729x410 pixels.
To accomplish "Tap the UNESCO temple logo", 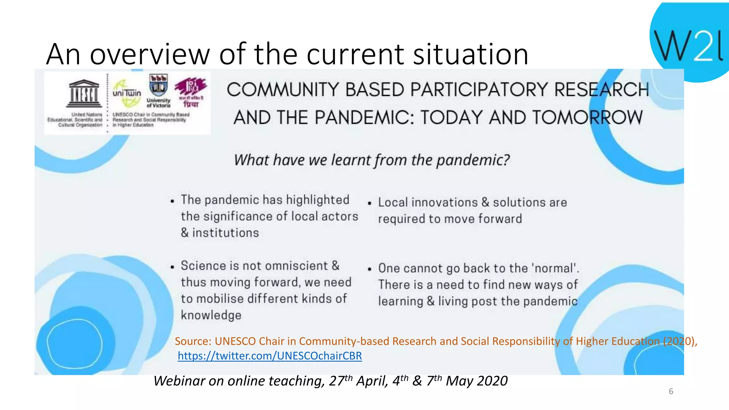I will (x=84, y=94).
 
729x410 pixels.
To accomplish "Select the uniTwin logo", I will (x=127, y=93).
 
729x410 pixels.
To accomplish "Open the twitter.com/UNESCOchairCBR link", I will (x=270, y=356).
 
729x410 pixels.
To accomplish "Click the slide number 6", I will (x=671, y=391).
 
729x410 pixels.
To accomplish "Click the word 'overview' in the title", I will (x=150, y=54).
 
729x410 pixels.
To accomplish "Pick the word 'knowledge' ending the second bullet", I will (x=211, y=315).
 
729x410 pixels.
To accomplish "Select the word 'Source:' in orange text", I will (x=193, y=341).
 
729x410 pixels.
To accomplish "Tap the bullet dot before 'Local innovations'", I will (x=369, y=203).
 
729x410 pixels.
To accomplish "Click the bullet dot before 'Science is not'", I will (x=172, y=267).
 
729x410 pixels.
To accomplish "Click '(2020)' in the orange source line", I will (x=679, y=341).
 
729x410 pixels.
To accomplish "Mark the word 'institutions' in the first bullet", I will (x=225, y=233).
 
